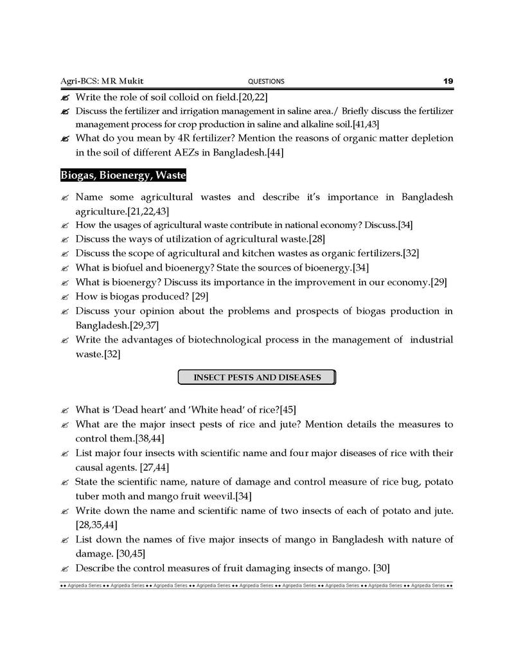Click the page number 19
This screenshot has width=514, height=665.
click(448, 81)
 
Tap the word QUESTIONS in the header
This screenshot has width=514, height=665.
click(266, 82)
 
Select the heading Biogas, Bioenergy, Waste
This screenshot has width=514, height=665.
click(123, 175)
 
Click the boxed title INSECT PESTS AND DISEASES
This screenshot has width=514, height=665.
click(257, 377)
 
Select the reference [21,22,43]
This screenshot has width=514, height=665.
click(148, 211)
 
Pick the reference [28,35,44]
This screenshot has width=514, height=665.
click(96, 525)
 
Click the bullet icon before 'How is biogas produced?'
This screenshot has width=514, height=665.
click(65, 297)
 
